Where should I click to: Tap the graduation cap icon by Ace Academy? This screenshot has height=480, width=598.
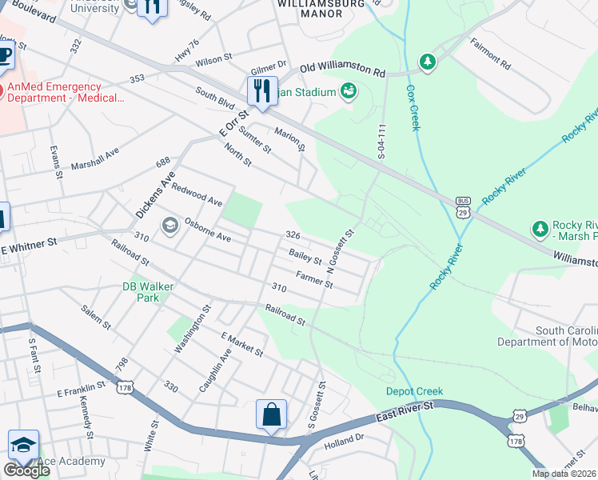[x=23, y=446]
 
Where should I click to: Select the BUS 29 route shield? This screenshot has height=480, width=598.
[x=463, y=206]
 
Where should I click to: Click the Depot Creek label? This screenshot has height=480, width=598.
[x=414, y=391]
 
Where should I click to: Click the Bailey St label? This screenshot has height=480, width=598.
[x=305, y=258]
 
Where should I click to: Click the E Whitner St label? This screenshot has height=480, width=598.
[x=30, y=242]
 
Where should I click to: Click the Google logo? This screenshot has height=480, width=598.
[x=26, y=470]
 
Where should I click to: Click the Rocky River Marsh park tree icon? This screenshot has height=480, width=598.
[x=540, y=230]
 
